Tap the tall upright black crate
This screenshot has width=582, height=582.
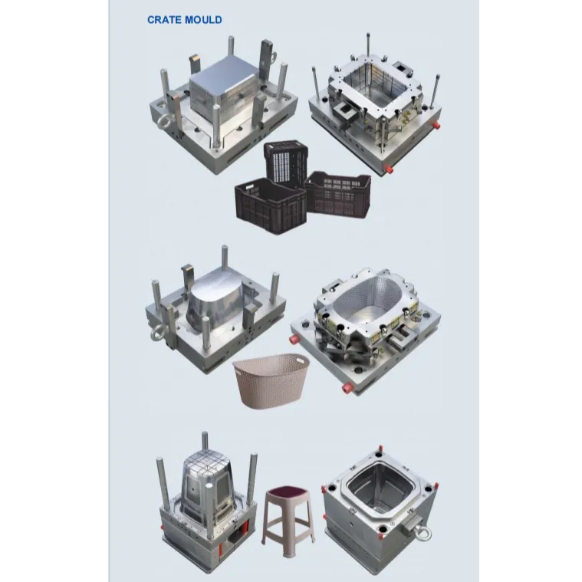coord(286,163)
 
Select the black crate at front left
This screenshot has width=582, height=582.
coord(271,205)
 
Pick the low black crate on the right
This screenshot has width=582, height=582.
coord(338,194)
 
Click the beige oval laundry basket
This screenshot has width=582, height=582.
coord(271,380)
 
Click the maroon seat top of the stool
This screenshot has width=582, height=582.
coord(288,492)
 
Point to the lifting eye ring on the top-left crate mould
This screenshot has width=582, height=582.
coord(163,122)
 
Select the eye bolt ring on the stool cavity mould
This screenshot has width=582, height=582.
coord(423,533)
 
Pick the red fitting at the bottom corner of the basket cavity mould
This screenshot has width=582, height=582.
coord(347,388)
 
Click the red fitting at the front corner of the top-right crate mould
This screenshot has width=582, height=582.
coord(389,169)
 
